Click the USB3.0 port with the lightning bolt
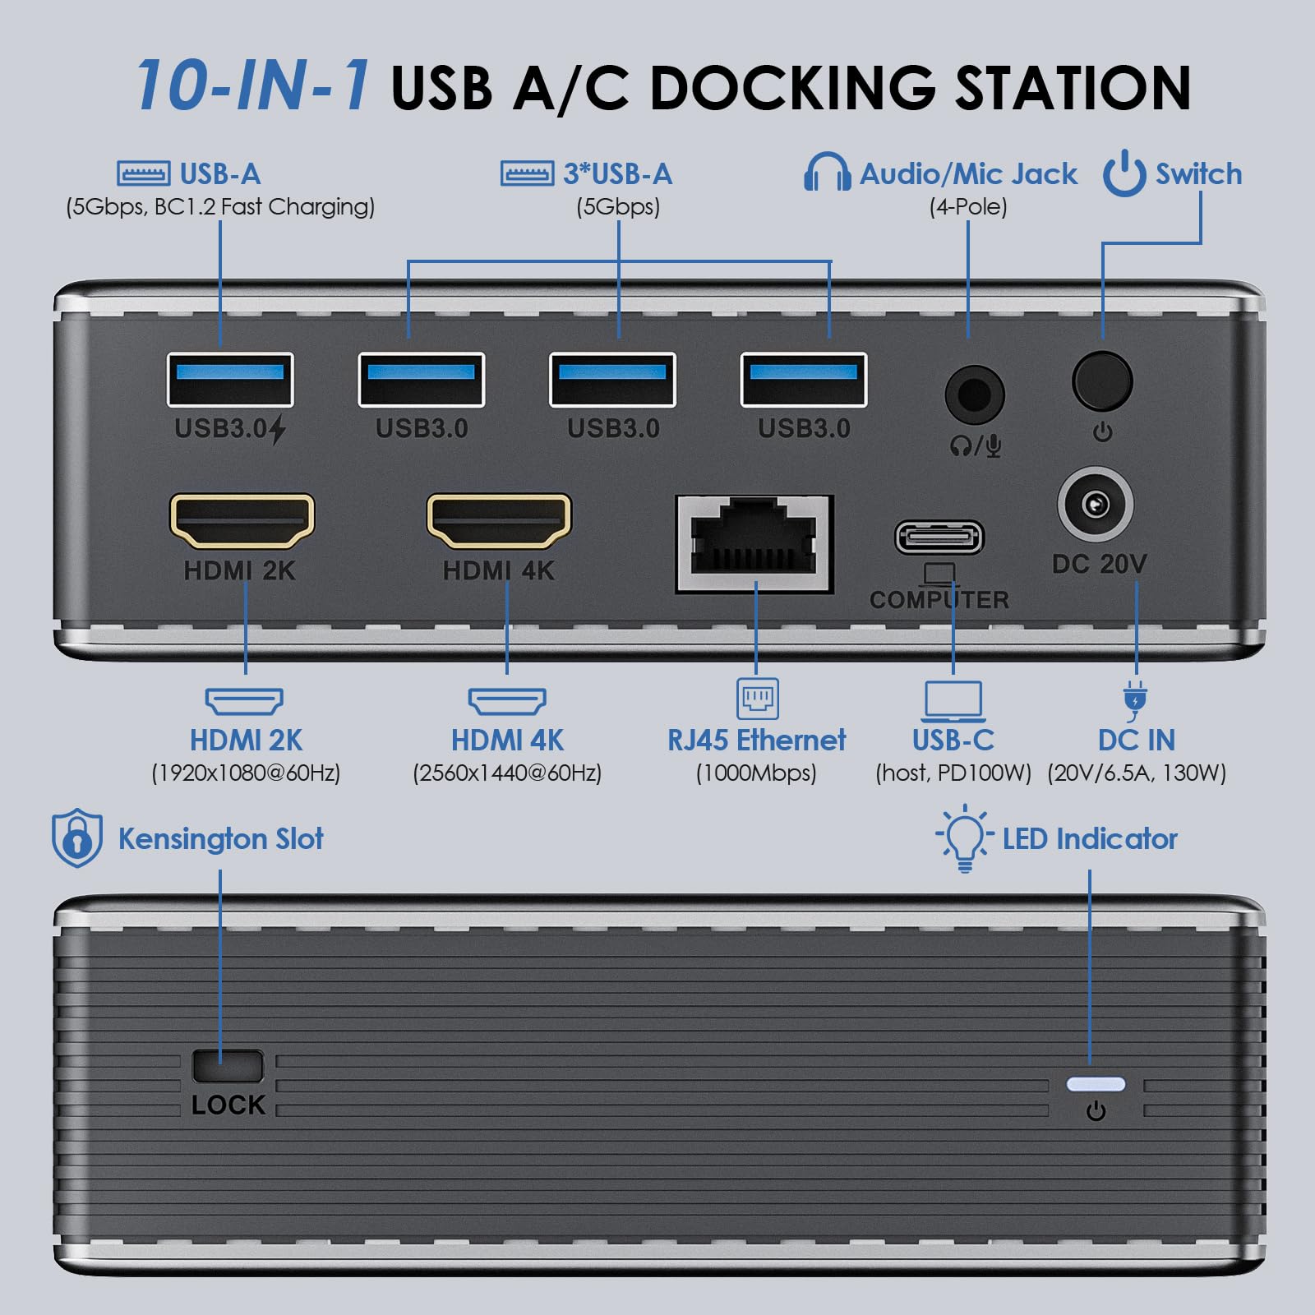point(230,380)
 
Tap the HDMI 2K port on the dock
point(242,521)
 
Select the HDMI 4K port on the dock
point(499,521)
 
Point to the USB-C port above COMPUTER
point(939,538)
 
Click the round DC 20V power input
point(1096,505)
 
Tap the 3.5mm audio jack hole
point(975,395)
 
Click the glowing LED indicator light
point(1096,1084)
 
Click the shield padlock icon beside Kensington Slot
point(77,838)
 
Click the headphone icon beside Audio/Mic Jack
point(827,173)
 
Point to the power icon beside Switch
point(1124,173)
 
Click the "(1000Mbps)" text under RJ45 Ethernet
point(756,773)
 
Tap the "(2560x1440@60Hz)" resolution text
point(507,773)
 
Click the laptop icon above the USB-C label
point(953,701)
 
